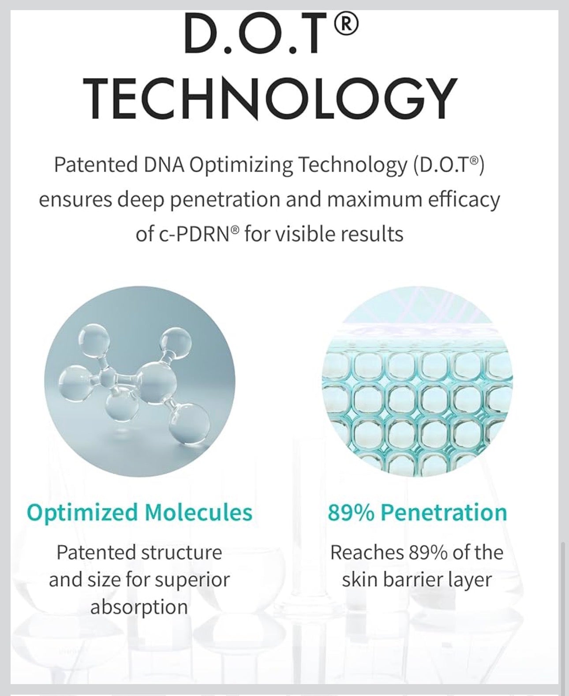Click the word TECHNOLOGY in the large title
(x=271, y=98)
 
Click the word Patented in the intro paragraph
(x=96, y=165)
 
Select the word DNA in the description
(x=164, y=165)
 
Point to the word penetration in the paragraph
(x=225, y=200)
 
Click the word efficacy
(x=464, y=200)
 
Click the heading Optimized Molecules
(x=140, y=513)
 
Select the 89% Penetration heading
(x=417, y=513)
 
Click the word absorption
(x=139, y=607)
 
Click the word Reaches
(x=367, y=553)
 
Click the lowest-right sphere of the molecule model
(x=189, y=425)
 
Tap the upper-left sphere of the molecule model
(x=94, y=340)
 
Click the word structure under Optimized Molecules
(x=182, y=553)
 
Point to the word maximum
(x=374, y=200)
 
